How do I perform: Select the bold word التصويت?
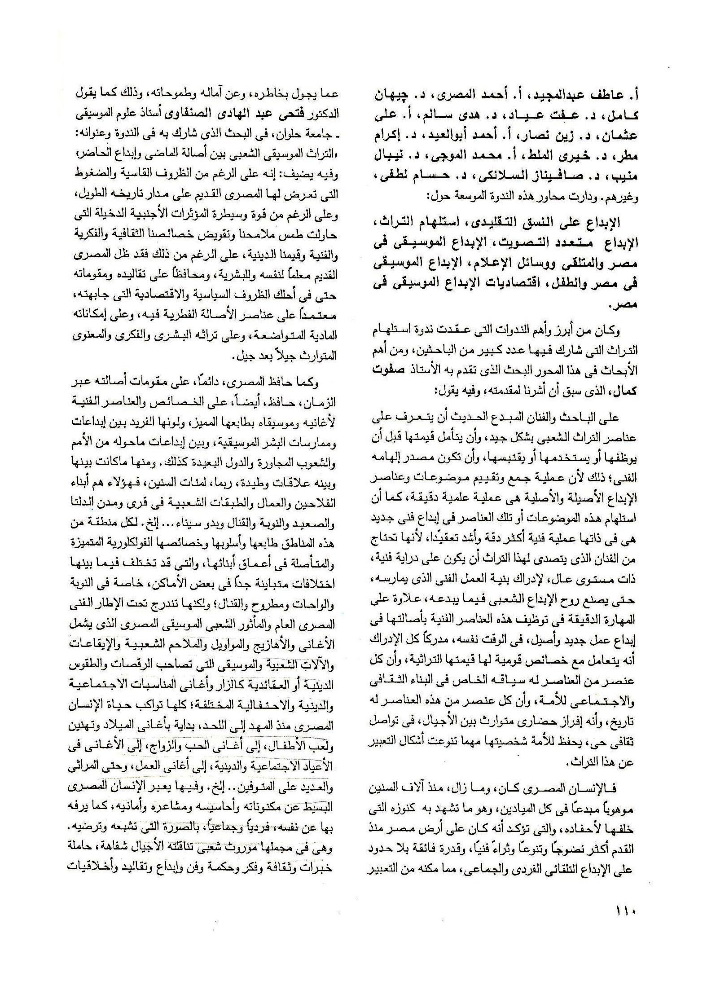coord(523,243)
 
